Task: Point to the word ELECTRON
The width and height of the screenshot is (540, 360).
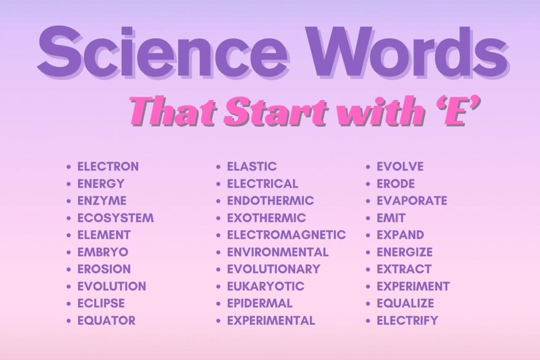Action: (108, 167)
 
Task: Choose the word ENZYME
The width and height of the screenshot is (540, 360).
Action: (102, 201)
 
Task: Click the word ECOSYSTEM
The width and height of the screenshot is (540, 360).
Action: (115, 218)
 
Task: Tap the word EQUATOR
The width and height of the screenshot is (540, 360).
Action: (106, 320)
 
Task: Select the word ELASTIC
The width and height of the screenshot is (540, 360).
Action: (252, 167)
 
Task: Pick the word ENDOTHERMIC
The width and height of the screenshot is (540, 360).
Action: (270, 201)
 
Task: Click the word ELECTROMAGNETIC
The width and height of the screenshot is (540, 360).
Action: (286, 235)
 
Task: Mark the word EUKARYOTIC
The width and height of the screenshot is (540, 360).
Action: (265, 286)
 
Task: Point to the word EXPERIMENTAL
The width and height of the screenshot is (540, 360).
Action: (271, 320)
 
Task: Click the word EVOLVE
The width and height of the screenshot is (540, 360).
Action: (400, 167)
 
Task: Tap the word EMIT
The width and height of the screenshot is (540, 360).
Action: (391, 218)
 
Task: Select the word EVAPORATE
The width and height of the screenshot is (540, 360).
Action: (411, 201)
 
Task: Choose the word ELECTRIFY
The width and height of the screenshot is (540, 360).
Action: (407, 320)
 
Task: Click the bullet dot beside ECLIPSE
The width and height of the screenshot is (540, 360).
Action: (70, 304)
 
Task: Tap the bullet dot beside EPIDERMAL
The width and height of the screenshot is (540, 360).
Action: (219, 304)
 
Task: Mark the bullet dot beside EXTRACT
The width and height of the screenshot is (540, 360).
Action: (369, 269)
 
